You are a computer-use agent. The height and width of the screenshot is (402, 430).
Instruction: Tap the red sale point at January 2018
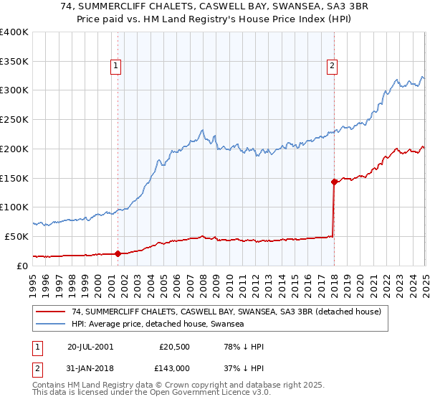[334, 182]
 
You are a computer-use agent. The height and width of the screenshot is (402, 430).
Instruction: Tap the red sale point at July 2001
[118, 253]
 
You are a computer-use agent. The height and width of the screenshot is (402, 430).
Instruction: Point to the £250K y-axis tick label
[14, 119]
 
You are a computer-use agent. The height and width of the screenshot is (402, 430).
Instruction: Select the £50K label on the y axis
[16, 236]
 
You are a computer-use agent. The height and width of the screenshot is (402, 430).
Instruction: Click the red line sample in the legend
[50, 312]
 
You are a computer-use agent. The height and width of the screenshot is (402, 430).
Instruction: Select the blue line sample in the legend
[50, 324]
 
